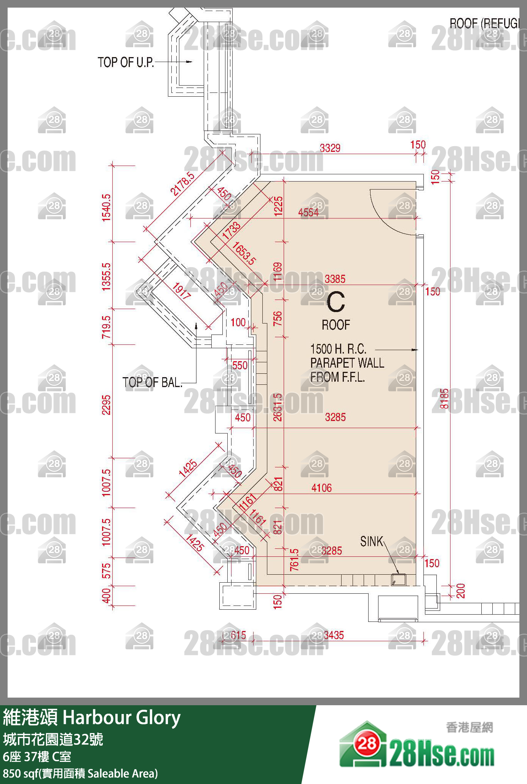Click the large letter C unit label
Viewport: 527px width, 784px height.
[x=336, y=302]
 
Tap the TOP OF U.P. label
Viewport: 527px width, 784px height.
[x=126, y=62]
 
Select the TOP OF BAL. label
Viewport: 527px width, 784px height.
[x=152, y=382]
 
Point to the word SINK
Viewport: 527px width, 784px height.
[x=372, y=541]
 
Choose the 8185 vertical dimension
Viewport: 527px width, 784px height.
[x=444, y=398]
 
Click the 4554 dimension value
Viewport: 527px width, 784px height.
[x=308, y=212]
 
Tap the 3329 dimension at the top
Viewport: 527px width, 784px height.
[x=330, y=148]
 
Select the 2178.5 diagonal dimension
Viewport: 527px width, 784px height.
[x=182, y=184]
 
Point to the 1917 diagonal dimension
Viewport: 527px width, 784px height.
[x=181, y=291]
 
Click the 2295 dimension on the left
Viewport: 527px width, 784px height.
[x=106, y=405]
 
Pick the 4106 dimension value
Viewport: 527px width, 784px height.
[x=321, y=488]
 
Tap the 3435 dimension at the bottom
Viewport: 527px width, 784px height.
[x=334, y=635]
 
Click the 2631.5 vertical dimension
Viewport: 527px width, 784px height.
[x=278, y=407]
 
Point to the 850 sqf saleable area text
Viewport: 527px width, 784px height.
[x=80, y=773]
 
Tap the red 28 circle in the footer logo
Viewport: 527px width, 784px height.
[x=367, y=743]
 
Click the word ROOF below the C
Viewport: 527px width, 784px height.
[x=336, y=325]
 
